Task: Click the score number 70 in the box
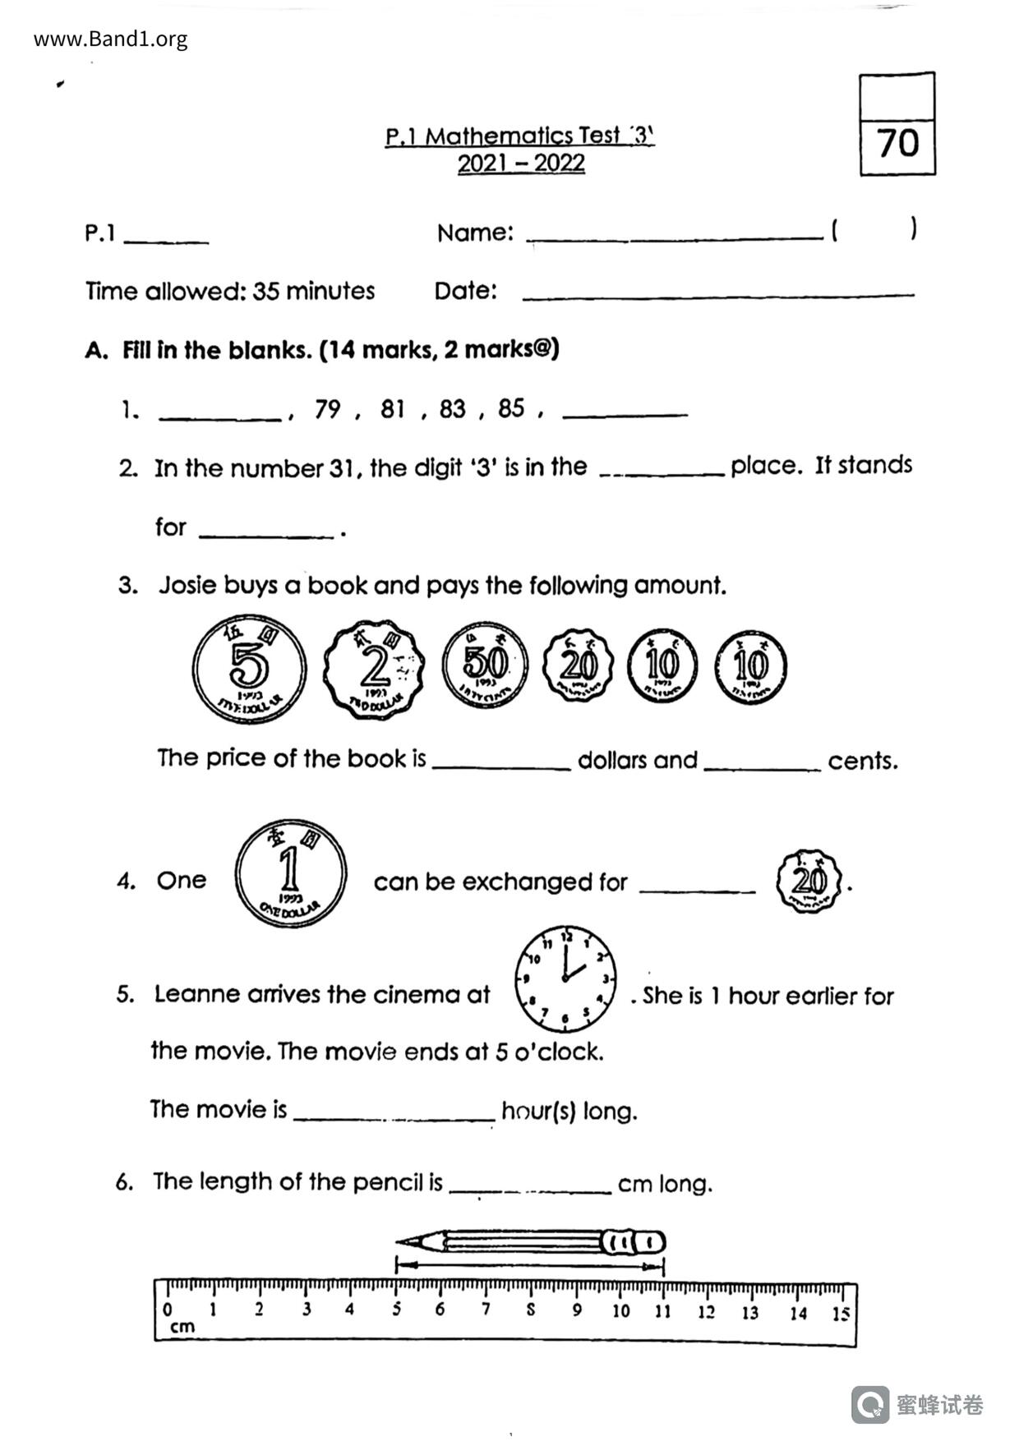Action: coord(897,144)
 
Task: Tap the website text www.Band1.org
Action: coord(111,39)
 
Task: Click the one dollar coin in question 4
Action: coord(290,873)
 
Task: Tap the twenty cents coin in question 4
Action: coord(809,882)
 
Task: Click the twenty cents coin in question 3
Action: coord(579,665)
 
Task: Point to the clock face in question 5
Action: coord(565,978)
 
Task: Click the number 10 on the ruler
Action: coord(620,1311)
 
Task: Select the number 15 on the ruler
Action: coord(839,1314)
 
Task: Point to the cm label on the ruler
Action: coord(182,1327)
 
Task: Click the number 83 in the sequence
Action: coord(452,408)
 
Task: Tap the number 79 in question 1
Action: coord(327,408)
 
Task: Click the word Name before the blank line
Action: coord(474,233)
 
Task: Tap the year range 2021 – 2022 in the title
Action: coord(521,163)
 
